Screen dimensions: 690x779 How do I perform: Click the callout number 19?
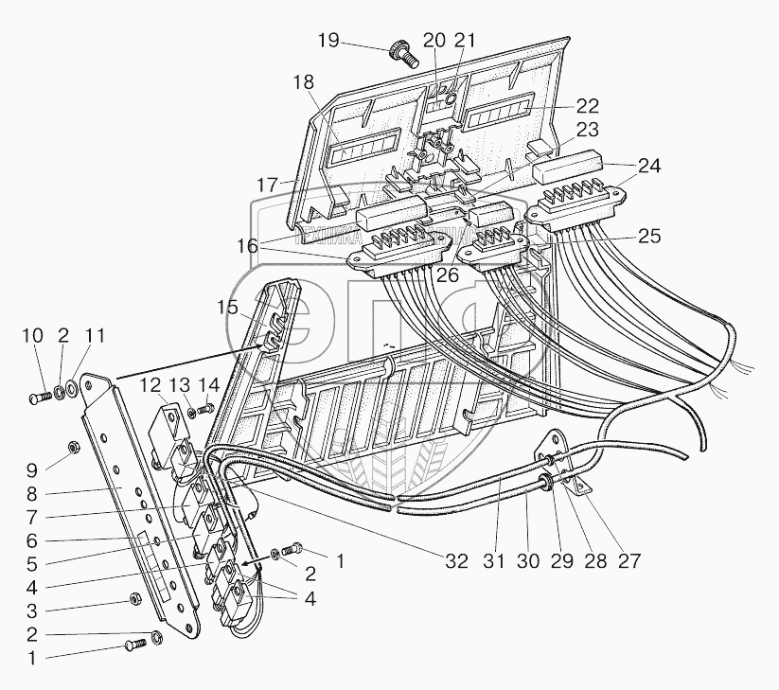click(328, 41)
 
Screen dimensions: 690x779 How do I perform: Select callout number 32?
click(456, 560)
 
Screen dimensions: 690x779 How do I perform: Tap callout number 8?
click(32, 493)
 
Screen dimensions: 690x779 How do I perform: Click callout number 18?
click(303, 82)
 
